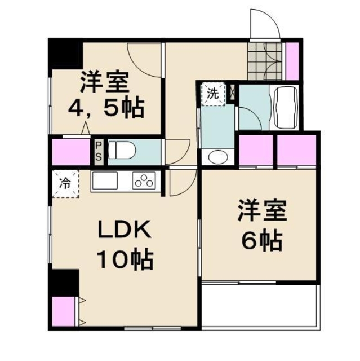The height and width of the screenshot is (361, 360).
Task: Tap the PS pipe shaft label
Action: click(x=98, y=151)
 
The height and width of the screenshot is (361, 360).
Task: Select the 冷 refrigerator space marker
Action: click(x=66, y=183)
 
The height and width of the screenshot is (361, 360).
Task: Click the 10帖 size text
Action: click(x=125, y=261)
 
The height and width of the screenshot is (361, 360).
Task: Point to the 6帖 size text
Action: click(x=261, y=241)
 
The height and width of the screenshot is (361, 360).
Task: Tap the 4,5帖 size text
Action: click(x=105, y=107)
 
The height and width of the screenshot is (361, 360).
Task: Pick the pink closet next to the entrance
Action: click(x=292, y=60)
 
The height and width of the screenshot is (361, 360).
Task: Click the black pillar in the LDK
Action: click(x=63, y=282)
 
